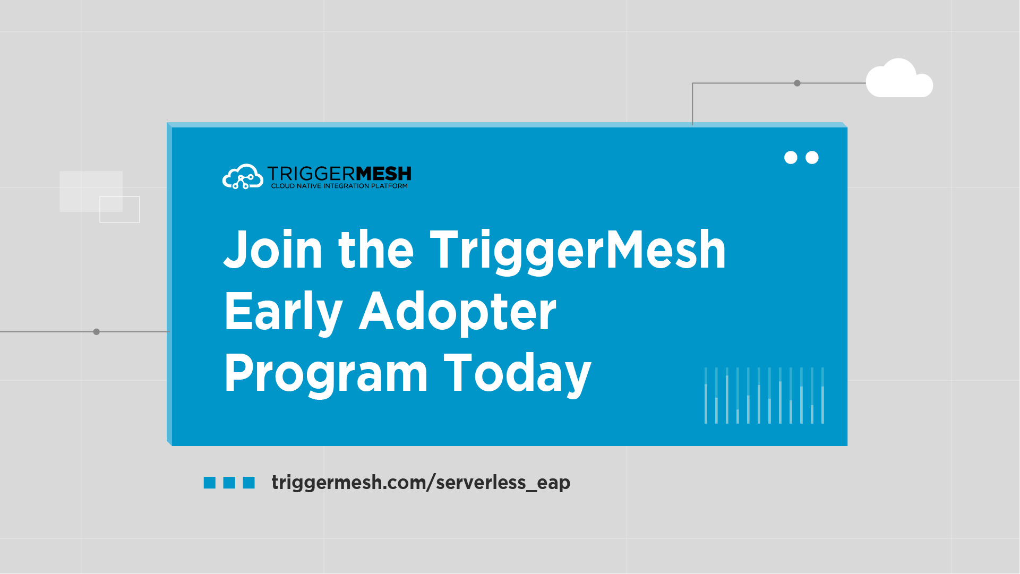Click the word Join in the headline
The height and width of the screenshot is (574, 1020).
pyautogui.click(x=273, y=250)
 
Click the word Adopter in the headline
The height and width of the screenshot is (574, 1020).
pyautogui.click(x=458, y=313)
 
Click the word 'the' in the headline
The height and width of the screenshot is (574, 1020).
pyautogui.click(x=376, y=250)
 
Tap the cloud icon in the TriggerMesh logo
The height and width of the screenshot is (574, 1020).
pyautogui.click(x=243, y=177)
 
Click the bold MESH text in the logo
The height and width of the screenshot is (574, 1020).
pyautogui.click(x=383, y=174)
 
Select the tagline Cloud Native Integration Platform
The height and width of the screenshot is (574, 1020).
pyautogui.click(x=339, y=186)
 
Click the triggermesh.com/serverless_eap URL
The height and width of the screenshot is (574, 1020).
pyautogui.click(x=421, y=483)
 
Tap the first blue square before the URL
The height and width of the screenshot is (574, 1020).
pyautogui.click(x=210, y=483)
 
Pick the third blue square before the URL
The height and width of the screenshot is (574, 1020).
pyautogui.click(x=249, y=483)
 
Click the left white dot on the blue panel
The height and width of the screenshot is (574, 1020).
pyautogui.click(x=791, y=158)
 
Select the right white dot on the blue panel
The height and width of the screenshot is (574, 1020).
pyautogui.click(x=812, y=158)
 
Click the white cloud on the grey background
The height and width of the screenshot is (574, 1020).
pyautogui.click(x=899, y=79)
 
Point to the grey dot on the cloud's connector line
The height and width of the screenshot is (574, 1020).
pyautogui.click(x=797, y=83)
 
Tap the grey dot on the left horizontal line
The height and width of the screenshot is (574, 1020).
pyautogui.click(x=96, y=332)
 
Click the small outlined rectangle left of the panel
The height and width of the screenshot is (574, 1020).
pyautogui.click(x=119, y=210)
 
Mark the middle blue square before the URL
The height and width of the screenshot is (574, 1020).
pyautogui.click(x=229, y=483)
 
